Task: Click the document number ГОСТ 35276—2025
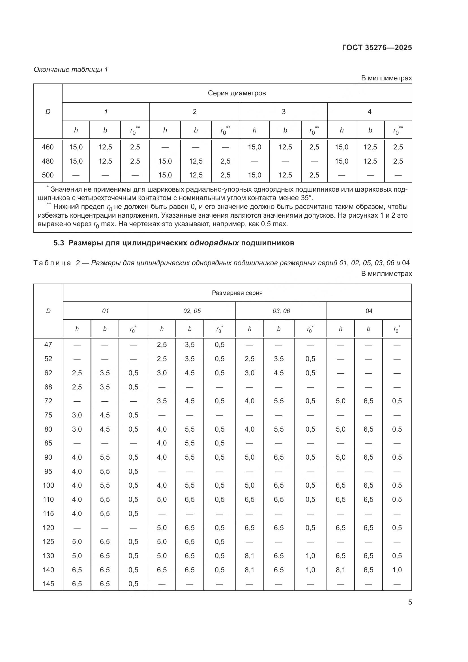pyautogui.click(x=377, y=48)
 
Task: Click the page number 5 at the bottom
pyautogui.click(x=410, y=602)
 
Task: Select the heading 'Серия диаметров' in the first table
pyautogui.click(x=237, y=93)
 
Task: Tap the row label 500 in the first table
pyautogui.click(x=48, y=175)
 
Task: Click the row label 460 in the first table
pyautogui.click(x=48, y=147)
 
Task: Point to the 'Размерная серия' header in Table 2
pyautogui.click(x=237, y=293)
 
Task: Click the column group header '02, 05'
pyautogui.click(x=192, y=311)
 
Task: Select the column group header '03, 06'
pyautogui.click(x=281, y=311)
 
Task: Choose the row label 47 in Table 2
pyautogui.click(x=48, y=344)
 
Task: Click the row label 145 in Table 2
pyautogui.click(x=48, y=584)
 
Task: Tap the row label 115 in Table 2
pyautogui.click(x=48, y=513)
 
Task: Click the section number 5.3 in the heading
pyautogui.click(x=59, y=243)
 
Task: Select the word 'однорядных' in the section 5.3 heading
pyautogui.click(x=214, y=243)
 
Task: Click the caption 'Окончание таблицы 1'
pyautogui.click(x=71, y=70)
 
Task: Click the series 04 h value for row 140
pyautogui.click(x=340, y=570)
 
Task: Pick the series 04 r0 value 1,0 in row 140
pyautogui.click(x=397, y=570)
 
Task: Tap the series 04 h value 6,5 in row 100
pyautogui.click(x=340, y=485)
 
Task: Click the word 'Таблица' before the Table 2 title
pyautogui.click(x=52, y=263)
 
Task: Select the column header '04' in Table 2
pyautogui.click(x=369, y=311)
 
